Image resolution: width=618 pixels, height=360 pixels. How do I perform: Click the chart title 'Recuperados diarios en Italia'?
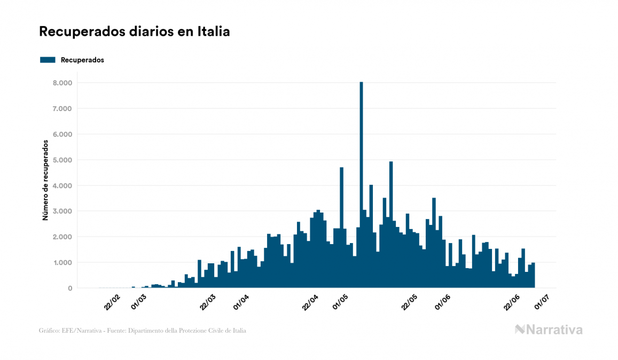coord(135,32)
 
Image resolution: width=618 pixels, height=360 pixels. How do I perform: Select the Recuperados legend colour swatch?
coord(48,60)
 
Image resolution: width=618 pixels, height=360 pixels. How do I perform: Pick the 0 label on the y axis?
coord(69,288)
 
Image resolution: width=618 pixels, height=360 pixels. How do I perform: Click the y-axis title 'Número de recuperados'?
coord(46,181)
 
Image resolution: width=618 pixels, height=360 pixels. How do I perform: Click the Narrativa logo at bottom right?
coord(549,330)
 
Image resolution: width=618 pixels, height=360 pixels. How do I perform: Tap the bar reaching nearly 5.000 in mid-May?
coord(391,224)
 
